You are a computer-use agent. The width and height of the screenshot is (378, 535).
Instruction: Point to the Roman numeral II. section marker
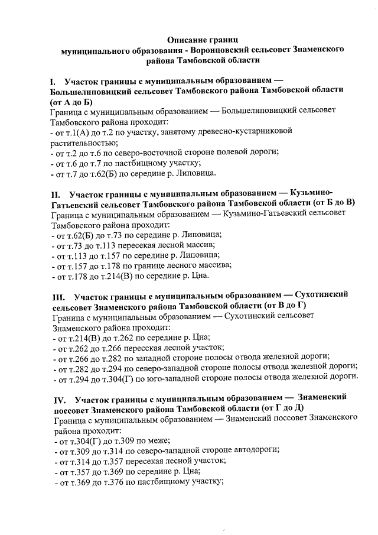tap(56, 194)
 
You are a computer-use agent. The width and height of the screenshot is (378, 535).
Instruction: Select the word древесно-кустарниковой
tap(250, 131)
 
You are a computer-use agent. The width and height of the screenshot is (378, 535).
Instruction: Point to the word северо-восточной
tap(145, 153)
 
